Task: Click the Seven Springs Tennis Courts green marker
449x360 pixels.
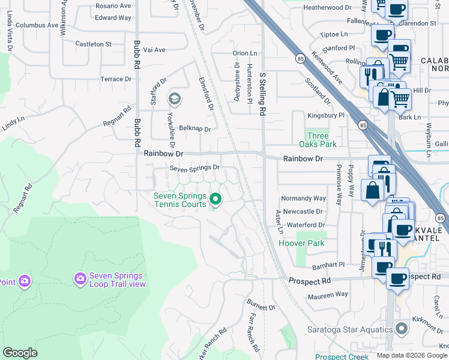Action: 215,199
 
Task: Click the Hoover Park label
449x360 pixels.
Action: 301,243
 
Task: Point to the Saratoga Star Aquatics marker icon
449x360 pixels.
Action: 402,329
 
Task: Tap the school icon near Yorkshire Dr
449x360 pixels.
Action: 175,98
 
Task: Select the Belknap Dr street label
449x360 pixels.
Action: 195,128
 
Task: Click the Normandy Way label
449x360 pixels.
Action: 304,198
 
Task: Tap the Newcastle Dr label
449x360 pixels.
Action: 303,211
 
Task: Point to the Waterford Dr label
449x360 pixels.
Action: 306,224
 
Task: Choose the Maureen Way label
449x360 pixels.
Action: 328,294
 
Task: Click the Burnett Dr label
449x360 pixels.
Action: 262,307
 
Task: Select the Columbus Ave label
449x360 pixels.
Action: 37,26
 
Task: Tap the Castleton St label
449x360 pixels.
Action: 93,44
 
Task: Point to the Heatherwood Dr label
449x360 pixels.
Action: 327,7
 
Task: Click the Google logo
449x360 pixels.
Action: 20,353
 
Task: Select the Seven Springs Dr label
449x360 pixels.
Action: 194,168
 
